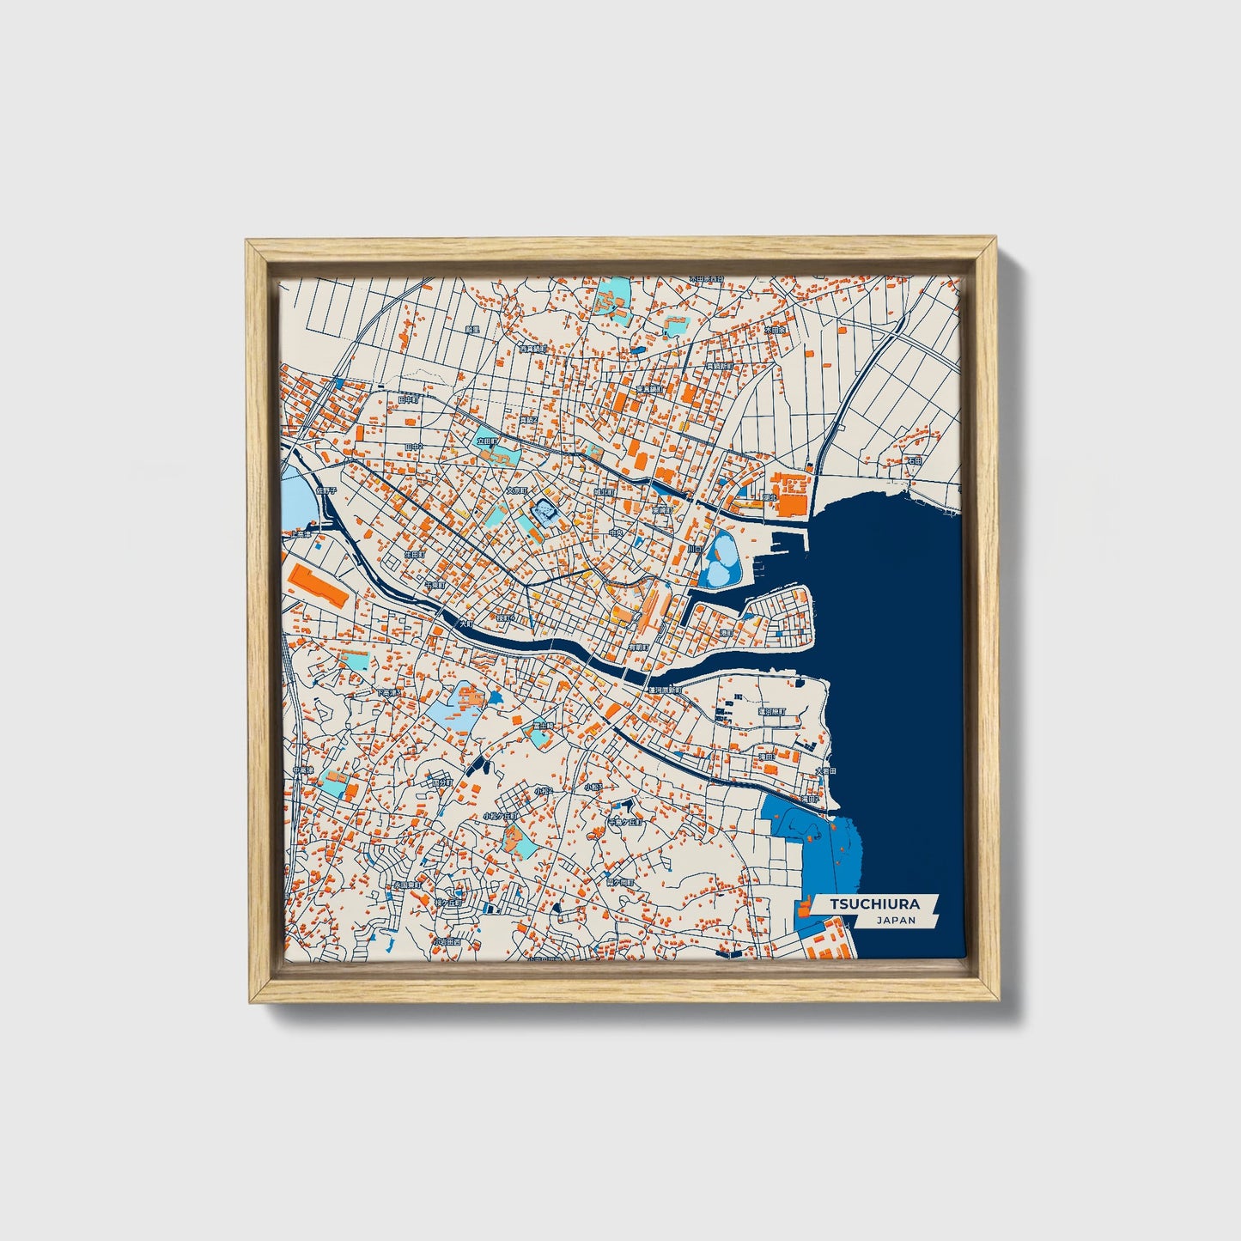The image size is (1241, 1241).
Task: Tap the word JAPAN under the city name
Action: point(896,920)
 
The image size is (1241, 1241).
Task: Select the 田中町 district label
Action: point(410,399)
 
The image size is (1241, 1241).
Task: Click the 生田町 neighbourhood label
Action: point(415,555)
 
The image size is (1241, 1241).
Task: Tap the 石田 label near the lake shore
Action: point(914,461)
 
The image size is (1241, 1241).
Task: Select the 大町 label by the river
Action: point(465,624)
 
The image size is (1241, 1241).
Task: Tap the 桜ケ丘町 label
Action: point(448,903)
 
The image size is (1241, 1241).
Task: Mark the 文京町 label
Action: point(515,490)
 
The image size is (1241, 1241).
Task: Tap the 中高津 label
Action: point(301,770)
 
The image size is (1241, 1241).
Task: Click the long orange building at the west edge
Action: point(318,587)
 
